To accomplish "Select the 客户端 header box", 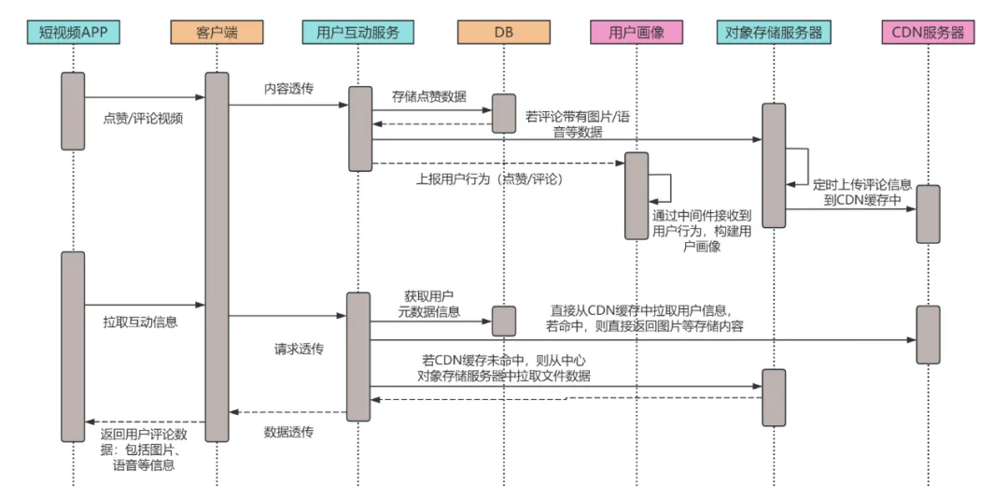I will (217, 33).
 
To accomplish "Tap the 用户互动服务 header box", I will (358, 33).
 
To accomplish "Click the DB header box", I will (503, 33).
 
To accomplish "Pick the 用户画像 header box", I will (636, 33).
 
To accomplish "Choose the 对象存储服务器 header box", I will (774, 33).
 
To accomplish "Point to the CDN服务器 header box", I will (929, 33).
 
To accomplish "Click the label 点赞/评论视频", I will (143, 119).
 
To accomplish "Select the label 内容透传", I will (289, 89).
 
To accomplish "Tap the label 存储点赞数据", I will (429, 96).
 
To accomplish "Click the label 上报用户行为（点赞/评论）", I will (489, 179).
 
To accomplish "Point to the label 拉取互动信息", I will (140, 322).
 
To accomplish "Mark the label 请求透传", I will (299, 349).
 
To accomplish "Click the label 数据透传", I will (288, 432).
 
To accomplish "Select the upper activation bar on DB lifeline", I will (503, 113).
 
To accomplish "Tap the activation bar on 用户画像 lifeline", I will (636, 195).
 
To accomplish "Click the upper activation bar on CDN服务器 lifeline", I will (928, 214).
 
